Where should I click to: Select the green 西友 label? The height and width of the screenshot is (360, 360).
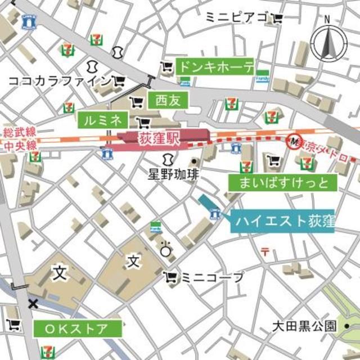click(x=167, y=101)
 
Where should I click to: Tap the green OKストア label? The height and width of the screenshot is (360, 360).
click(x=78, y=328)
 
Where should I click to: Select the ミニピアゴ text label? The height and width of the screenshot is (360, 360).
click(x=237, y=17)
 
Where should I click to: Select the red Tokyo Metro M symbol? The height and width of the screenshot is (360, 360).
click(x=292, y=140)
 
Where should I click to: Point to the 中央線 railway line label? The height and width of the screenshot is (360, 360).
click(x=20, y=145)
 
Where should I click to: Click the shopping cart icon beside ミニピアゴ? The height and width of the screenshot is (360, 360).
click(x=277, y=18)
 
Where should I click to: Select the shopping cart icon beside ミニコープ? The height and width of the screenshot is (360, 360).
click(x=170, y=277)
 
